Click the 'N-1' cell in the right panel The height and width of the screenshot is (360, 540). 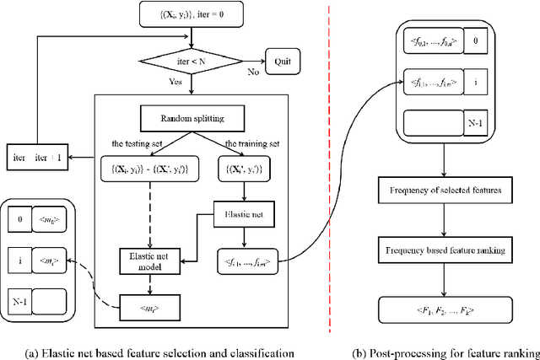pos(474,122)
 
